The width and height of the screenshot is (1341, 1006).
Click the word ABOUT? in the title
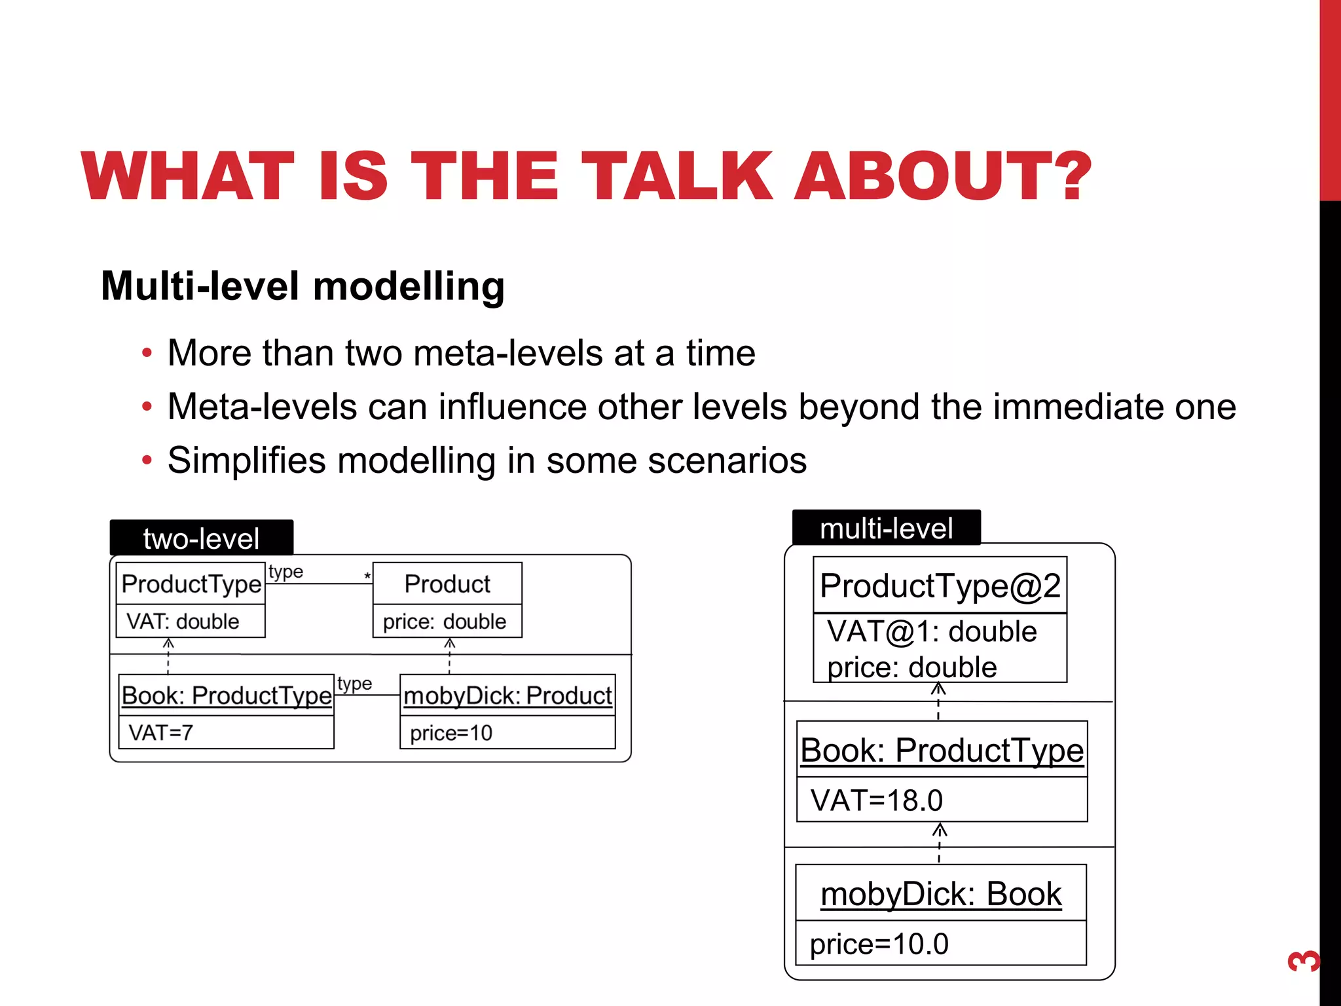click(943, 176)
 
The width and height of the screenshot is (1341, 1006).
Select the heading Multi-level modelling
click(303, 286)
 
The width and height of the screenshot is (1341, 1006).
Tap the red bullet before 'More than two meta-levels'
click(147, 353)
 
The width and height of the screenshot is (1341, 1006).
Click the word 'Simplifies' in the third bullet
click(246, 460)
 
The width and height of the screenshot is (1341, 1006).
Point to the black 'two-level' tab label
click(201, 538)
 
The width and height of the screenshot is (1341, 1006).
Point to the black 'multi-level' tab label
click(886, 528)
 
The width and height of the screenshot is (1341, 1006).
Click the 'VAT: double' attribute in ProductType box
click(183, 621)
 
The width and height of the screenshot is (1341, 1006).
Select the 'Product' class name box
click(447, 584)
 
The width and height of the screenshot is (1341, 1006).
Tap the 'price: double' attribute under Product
click(445, 621)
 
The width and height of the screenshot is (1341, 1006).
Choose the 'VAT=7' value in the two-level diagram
click(161, 732)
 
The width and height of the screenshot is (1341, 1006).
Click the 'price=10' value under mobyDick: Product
click(451, 732)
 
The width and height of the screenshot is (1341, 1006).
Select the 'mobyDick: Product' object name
click(507, 696)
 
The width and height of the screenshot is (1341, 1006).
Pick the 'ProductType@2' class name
click(940, 586)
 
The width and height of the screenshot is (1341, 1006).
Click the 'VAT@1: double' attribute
click(932, 631)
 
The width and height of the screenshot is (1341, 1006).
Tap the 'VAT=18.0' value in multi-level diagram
click(877, 800)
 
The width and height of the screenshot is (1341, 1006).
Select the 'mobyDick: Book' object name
click(941, 893)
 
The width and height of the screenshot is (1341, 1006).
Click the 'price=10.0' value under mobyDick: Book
click(879, 944)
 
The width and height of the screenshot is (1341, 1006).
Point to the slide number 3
click(1303, 961)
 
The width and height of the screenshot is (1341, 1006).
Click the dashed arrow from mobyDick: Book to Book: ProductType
click(940, 843)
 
